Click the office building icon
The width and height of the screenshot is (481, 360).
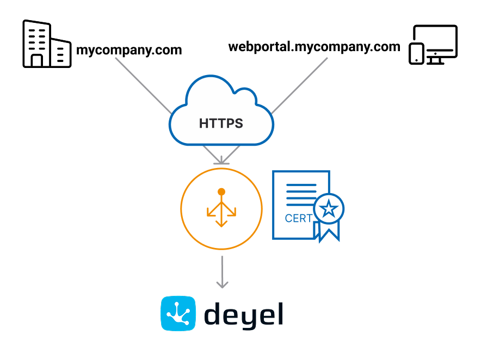(46, 44)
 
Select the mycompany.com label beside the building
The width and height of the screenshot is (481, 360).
(128, 51)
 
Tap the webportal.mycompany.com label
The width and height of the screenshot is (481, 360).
(314, 47)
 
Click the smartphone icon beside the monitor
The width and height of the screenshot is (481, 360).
(416, 53)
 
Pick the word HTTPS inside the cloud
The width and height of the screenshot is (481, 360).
(221, 123)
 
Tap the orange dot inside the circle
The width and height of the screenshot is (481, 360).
(221, 192)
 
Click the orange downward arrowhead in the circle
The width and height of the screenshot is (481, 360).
(221, 223)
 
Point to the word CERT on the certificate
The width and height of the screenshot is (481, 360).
(299, 219)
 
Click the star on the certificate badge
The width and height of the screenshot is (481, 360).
(329, 208)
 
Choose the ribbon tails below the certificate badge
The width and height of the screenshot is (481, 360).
(328, 232)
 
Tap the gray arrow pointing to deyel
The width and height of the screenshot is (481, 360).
(221, 272)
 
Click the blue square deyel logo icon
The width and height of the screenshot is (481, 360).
(178, 313)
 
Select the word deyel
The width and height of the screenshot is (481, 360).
(244, 314)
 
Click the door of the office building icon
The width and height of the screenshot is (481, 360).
(37, 60)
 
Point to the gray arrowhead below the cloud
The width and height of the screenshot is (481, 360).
(221, 160)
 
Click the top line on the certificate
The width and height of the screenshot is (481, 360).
(301, 185)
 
